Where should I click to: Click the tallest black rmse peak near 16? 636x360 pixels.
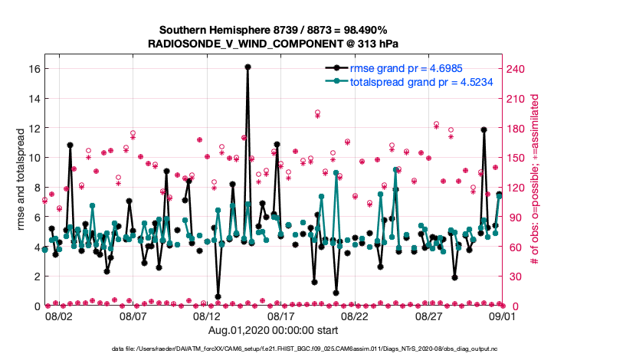(248, 67)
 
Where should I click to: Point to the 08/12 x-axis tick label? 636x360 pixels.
(208, 316)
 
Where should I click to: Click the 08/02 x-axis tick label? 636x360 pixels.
(59, 316)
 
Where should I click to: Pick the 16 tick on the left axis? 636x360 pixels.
(33, 68)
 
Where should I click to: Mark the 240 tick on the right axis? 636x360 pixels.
(516, 68)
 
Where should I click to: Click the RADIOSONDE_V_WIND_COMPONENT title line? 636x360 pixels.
(273, 44)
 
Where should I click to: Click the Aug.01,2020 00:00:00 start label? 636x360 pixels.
(272, 331)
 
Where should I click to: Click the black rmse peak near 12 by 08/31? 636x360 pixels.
(484, 130)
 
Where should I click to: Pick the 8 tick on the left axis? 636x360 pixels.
(36, 187)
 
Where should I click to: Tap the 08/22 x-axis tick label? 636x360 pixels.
(356, 316)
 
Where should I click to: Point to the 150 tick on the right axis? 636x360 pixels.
(516, 157)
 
